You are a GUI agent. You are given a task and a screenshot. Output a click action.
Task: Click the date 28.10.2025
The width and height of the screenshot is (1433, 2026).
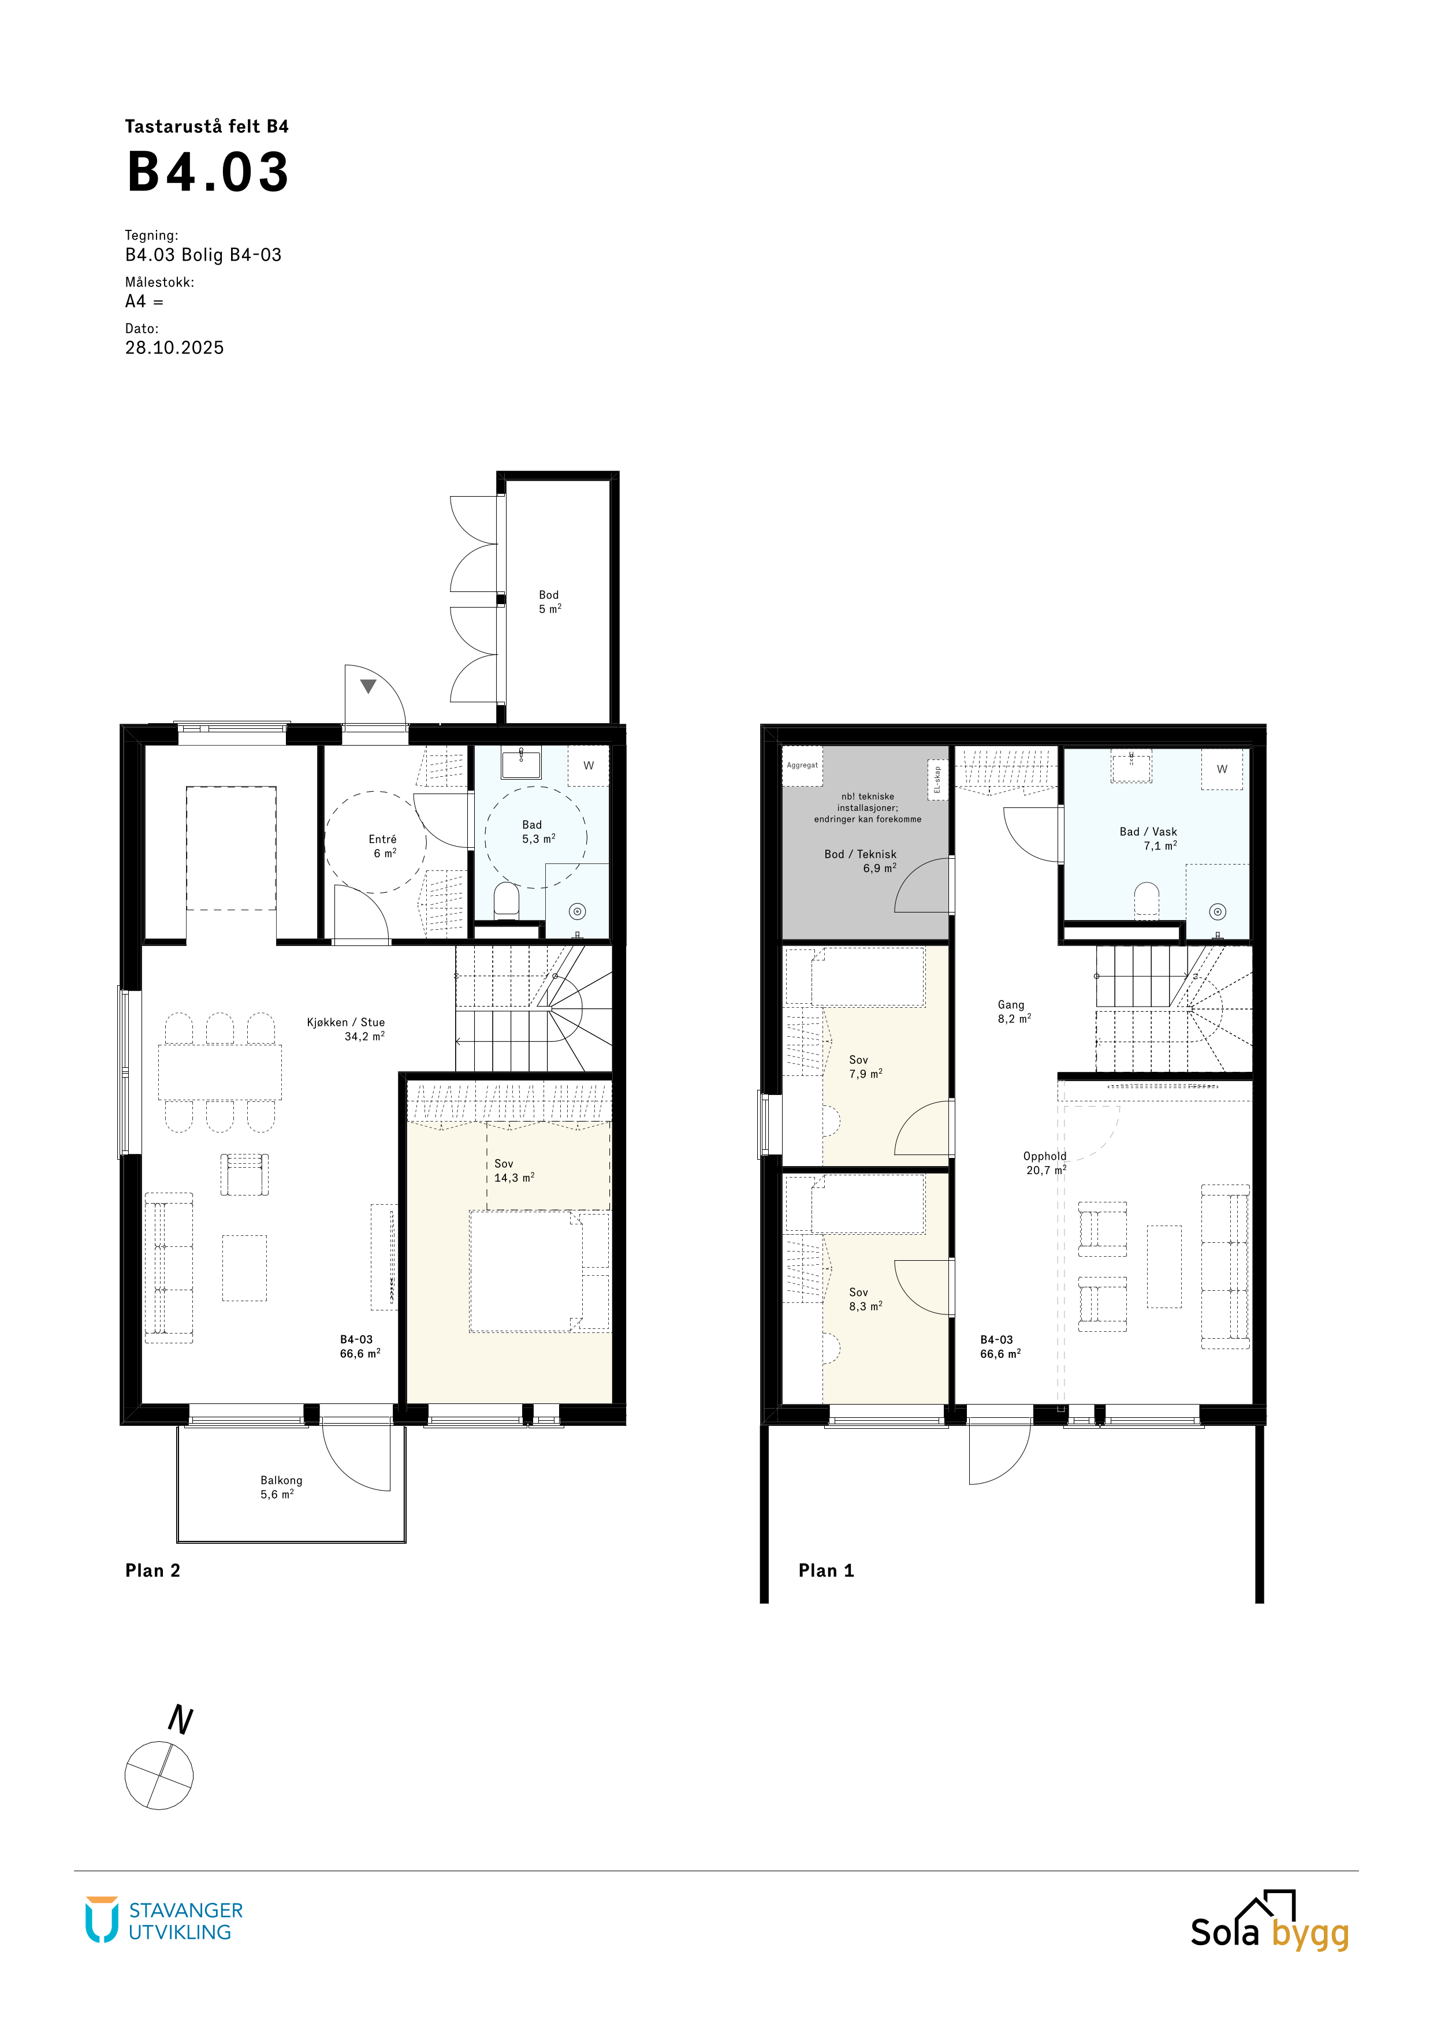[x=174, y=348]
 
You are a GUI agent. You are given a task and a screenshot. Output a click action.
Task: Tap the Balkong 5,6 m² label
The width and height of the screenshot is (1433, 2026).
[x=281, y=1487]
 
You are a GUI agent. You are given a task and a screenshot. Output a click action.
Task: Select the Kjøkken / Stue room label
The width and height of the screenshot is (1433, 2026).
[x=346, y=1029]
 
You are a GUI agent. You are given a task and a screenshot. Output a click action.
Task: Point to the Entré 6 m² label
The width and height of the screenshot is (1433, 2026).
[x=383, y=846]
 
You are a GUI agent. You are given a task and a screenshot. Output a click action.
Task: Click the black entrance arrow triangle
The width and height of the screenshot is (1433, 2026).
[x=368, y=686]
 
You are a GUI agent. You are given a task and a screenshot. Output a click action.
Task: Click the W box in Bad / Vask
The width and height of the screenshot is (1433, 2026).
[x=1222, y=769]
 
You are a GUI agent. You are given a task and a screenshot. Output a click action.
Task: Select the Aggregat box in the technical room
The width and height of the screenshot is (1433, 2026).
[x=802, y=766]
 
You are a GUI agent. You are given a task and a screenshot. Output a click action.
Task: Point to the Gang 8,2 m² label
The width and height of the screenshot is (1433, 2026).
[x=1013, y=1011]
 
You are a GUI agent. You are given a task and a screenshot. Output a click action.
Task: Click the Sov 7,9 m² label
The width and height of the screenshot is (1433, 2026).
[x=866, y=1067]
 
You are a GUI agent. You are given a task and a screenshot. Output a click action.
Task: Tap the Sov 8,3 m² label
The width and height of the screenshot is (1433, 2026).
[x=866, y=1299]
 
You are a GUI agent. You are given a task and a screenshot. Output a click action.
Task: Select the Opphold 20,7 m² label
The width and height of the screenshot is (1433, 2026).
[x=1045, y=1163]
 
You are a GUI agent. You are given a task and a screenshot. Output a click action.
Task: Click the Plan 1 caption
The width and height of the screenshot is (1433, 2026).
[x=826, y=1571]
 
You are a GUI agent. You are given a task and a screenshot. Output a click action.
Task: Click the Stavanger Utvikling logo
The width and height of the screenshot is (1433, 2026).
[x=164, y=1921]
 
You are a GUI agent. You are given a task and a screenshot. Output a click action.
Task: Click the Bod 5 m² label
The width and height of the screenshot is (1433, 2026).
[x=550, y=602]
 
